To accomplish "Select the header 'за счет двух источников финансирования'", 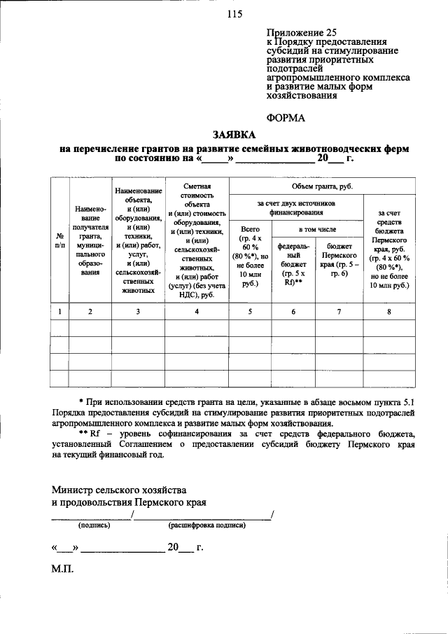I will (x=296, y=207).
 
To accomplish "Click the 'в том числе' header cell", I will (x=317, y=229).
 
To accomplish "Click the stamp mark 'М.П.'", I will (x=62, y=571).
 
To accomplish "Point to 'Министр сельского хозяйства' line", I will (x=119, y=489).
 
